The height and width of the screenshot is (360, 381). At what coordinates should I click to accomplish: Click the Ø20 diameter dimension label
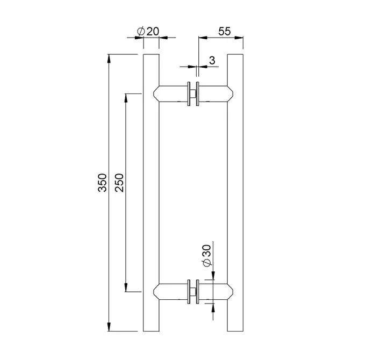[x=148, y=31]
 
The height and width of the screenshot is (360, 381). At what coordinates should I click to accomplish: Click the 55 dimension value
[x=224, y=31]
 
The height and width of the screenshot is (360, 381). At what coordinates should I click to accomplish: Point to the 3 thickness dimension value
[x=212, y=60]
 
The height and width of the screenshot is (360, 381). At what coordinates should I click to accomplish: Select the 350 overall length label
[x=102, y=183]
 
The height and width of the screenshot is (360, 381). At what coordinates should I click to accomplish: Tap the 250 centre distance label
[x=119, y=183]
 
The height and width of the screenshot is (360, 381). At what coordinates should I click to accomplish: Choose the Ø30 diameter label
[x=207, y=256]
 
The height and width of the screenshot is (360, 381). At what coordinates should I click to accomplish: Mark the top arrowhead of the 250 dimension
[x=126, y=98]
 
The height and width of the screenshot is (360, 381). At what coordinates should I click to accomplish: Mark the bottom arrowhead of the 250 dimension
[x=126, y=287]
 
